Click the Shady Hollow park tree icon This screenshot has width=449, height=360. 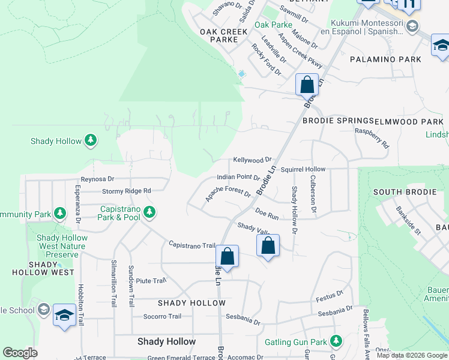(x=91, y=140)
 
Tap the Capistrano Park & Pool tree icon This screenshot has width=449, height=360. (x=149, y=212)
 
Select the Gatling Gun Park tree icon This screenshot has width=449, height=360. (x=336, y=342)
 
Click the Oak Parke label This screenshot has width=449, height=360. (x=273, y=25)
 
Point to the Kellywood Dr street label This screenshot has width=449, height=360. (x=253, y=160)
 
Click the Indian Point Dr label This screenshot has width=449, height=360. (x=238, y=178)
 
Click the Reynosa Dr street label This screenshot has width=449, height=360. (x=97, y=179)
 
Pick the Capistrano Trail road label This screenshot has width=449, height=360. (x=192, y=245)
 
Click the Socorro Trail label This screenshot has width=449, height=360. (x=162, y=316)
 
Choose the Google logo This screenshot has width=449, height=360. (x=20, y=353)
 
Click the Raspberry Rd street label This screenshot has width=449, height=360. (x=372, y=137)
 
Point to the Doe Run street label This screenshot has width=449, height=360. (x=267, y=213)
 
